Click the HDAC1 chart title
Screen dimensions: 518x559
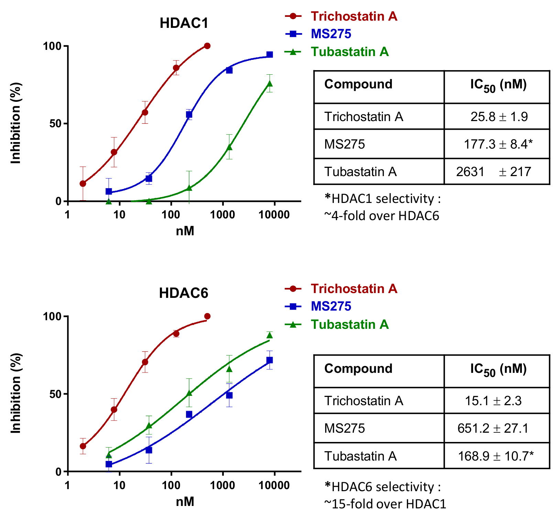pyautogui.click(x=184, y=23)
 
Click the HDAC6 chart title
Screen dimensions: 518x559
pyautogui.click(x=184, y=293)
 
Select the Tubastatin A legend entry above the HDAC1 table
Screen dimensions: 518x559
pyautogui.click(x=350, y=52)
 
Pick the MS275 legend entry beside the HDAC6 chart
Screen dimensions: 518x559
pyautogui.click(x=331, y=306)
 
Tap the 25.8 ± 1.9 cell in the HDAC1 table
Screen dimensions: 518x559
pyautogui.click(x=499, y=117)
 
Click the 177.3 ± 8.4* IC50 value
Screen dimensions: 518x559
pyautogui.click(x=498, y=144)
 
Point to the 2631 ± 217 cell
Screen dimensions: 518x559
pyautogui.click(x=494, y=171)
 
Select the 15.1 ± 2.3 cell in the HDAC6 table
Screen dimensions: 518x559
pyautogui.click(x=493, y=401)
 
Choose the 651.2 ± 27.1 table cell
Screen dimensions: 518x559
pyautogui.click(x=493, y=428)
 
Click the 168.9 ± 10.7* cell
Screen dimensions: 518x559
pyautogui.click(x=496, y=456)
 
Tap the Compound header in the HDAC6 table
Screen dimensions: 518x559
pyautogui.click(x=358, y=368)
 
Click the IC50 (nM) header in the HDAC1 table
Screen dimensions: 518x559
pyautogui.click(x=498, y=85)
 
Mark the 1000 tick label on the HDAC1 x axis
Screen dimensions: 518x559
pyautogui.click(x=223, y=215)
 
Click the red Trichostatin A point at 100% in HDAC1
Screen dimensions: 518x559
pyautogui.click(x=207, y=46)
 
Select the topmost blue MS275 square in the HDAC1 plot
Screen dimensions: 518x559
pyautogui.click(x=270, y=55)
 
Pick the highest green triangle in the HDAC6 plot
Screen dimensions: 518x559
pyautogui.click(x=270, y=335)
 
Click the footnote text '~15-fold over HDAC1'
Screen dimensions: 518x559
pyautogui.click(x=385, y=504)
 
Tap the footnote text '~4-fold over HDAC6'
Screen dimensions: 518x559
pyautogui.click(x=382, y=216)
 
